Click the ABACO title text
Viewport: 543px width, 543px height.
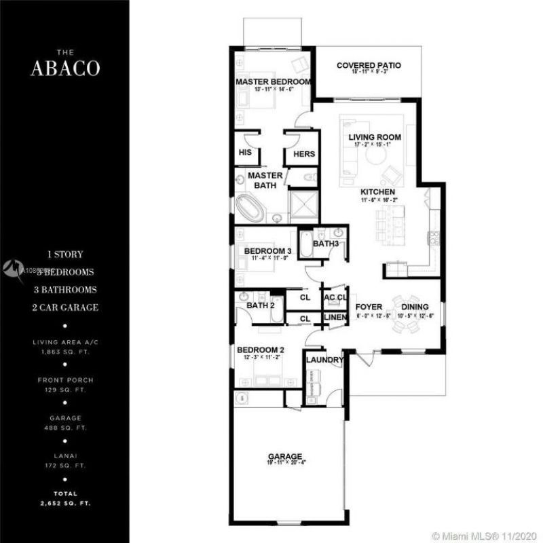point(65,69)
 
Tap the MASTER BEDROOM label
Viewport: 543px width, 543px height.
point(273,82)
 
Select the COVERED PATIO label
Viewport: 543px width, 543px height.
point(369,66)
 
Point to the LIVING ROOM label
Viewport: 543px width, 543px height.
point(375,137)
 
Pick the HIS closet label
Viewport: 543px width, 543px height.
point(245,153)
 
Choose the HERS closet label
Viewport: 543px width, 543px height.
point(303,154)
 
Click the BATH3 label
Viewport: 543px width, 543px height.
point(325,244)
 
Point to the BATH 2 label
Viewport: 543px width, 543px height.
point(259,305)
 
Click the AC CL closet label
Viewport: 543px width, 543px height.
point(335,297)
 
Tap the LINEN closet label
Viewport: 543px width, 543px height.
point(335,318)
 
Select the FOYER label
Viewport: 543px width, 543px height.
point(369,307)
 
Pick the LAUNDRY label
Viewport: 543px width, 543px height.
point(324,360)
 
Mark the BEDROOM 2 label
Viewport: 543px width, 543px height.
point(260,350)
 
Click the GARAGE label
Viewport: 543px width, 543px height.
point(284,456)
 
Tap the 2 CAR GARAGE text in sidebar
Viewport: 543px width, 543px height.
point(65,307)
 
